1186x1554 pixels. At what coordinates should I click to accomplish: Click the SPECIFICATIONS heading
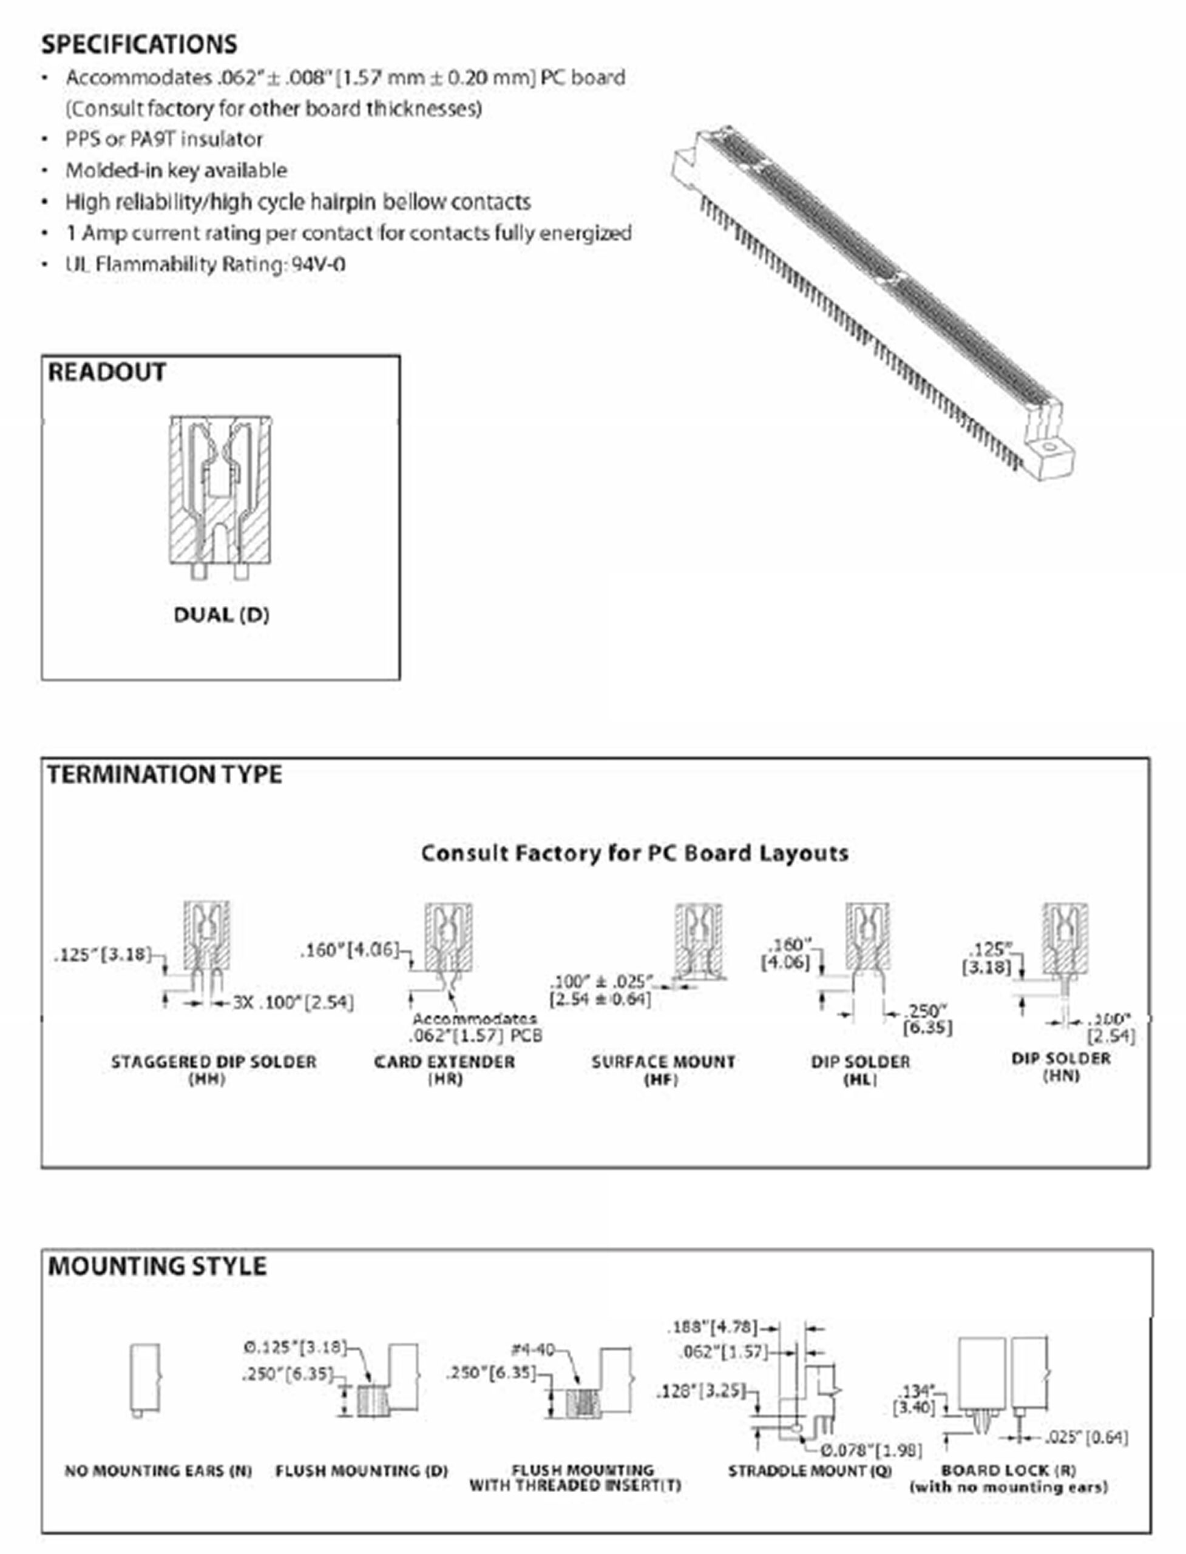point(139,44)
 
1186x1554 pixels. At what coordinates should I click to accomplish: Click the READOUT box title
point(107,372)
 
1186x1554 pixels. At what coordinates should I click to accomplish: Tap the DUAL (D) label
point(222,615)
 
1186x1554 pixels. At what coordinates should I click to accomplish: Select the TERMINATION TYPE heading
point(164,775)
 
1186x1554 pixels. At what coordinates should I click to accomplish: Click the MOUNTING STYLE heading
point(157,1266)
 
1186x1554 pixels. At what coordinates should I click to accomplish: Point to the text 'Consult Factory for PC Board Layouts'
point(635,853)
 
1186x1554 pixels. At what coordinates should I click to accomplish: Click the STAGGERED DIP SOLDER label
point(214,1062)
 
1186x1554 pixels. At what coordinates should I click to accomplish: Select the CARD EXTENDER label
point(445,1062)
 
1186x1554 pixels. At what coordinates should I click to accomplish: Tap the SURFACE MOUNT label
point(663,1062)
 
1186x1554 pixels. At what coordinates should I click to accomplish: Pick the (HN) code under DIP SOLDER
point(1061,1076)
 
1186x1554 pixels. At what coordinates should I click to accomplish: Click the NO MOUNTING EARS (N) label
point(158,1471)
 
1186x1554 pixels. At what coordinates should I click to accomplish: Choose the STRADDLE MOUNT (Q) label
point(810,1471)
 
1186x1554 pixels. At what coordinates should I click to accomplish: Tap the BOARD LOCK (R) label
point(1008,1470)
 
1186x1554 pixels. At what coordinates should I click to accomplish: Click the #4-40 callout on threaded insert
point(533,1349)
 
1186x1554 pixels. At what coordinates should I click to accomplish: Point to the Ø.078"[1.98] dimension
point(871,1450)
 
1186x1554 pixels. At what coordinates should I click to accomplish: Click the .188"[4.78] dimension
point(713,1326)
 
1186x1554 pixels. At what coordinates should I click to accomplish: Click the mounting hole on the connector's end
point(1048,446)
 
